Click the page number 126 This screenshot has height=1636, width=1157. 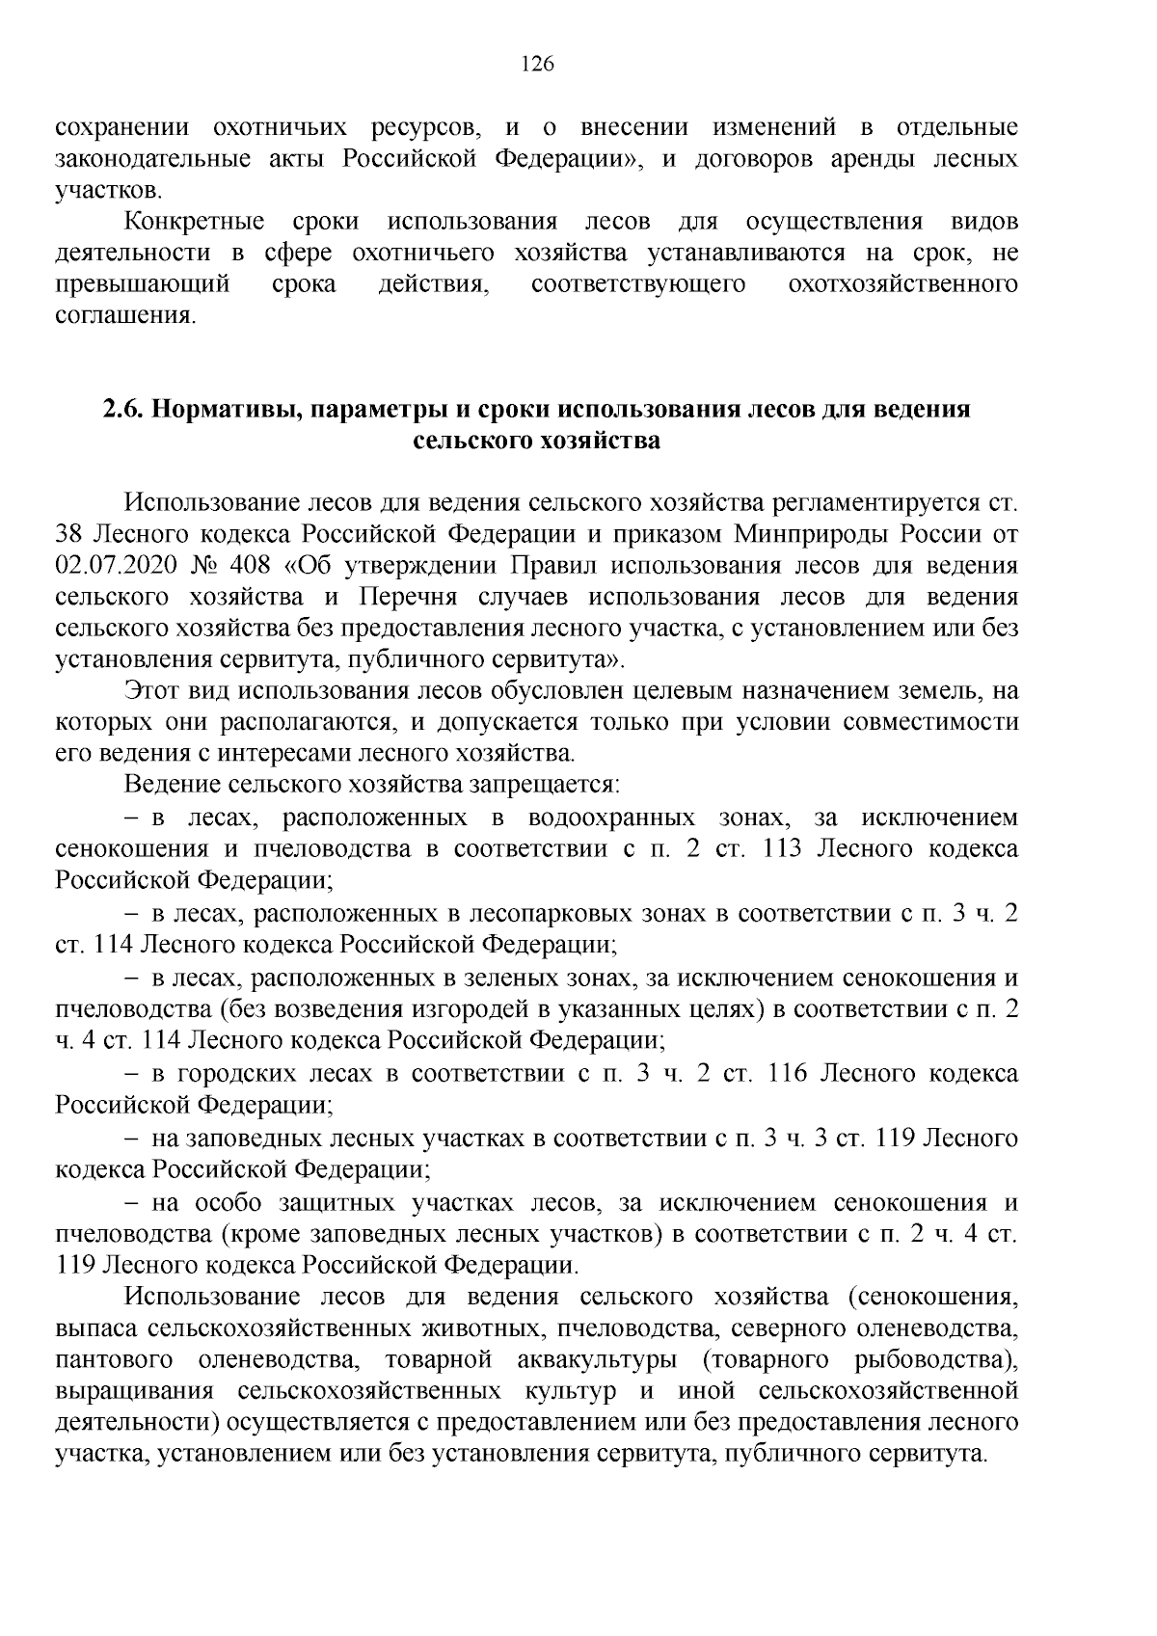(536, 65)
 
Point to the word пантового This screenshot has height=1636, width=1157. (115, 1360)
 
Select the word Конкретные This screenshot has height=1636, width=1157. (195, 222)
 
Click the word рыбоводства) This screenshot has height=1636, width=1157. (935, 1360)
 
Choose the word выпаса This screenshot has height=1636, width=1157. (97, 1328)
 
